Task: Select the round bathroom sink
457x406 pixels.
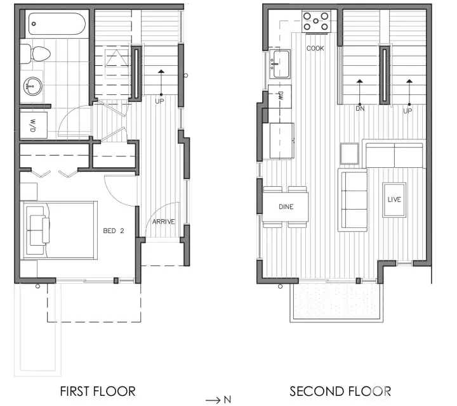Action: coord(32,84)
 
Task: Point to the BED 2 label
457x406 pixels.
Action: coord(113,231)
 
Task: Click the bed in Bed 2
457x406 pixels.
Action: coord(60,229)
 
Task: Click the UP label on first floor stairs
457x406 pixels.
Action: coord(159,100)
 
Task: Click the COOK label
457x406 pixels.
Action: coord(316,48)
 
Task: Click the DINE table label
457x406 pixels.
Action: coord(285,206)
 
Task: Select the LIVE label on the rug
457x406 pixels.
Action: coord(394,200)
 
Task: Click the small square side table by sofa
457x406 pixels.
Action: coord(350,153)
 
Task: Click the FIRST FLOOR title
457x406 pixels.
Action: coord(97,390)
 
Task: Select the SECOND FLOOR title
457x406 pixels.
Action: coord(340,390)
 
